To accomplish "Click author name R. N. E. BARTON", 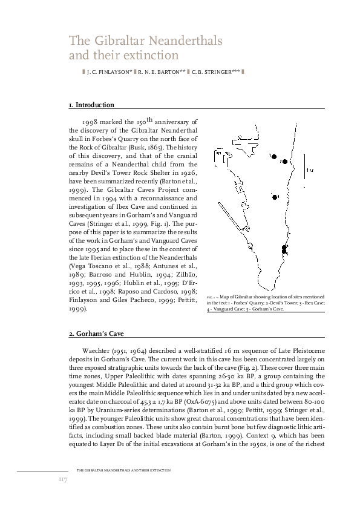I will pyautogui.click(x=162, y=73).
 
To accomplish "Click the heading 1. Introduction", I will pyautogui.click(x=91, y=105).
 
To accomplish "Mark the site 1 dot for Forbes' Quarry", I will pyautogui.click(x=273, y=156).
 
